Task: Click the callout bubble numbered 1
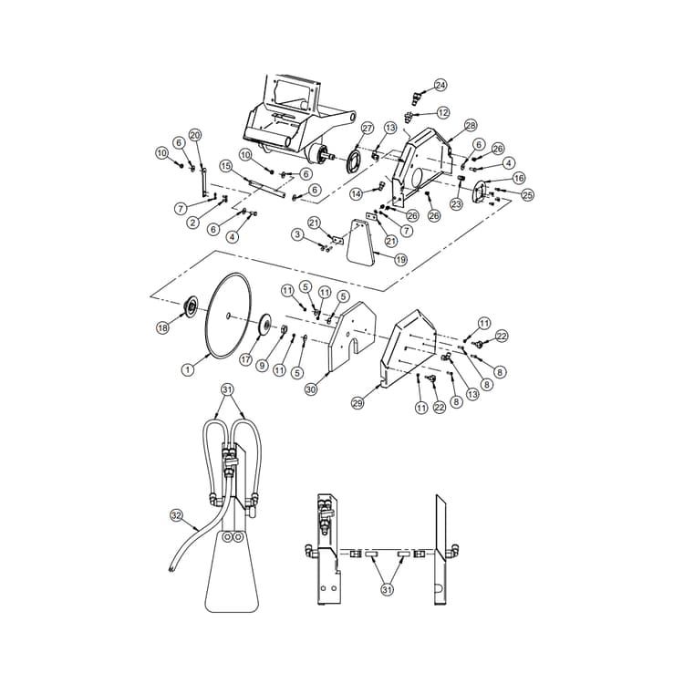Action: pyautogui.click(x=187, y=370)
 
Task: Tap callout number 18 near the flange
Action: pyautogui.click(x=163, y=326)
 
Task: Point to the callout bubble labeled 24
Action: pyautogui.click(x=440, y=85)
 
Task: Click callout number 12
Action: pyautogui.click(x=443, y=112)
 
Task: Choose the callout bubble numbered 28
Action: pyautogui.click(x=471, y=125)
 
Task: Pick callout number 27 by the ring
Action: pyautogui.click(x=368, y=128)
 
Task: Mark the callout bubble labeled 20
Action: pyautogui.click(x=194, y=135)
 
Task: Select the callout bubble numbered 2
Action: pyautogui.click(x=193, y=223)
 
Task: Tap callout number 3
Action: pyautogui.click(x=297, y=234)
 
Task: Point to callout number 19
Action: pyautogui.click(x=375, y=259)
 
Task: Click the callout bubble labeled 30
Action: pyautogui.click(x=311, y=389)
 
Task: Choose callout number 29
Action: pyautogui.click(x=358, y=401)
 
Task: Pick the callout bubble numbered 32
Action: pyautogui.click(x=177, y=515)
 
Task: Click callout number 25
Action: pyautogui.click(x=527, y=195)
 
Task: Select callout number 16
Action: pyautogui.click(x=519, y=178)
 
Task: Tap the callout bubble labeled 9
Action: pyautogui.click(x=262, y=366)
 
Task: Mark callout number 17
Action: pyautogui.click(x=245, y=359)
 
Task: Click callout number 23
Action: pyautogui.click(x=456, y=205)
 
